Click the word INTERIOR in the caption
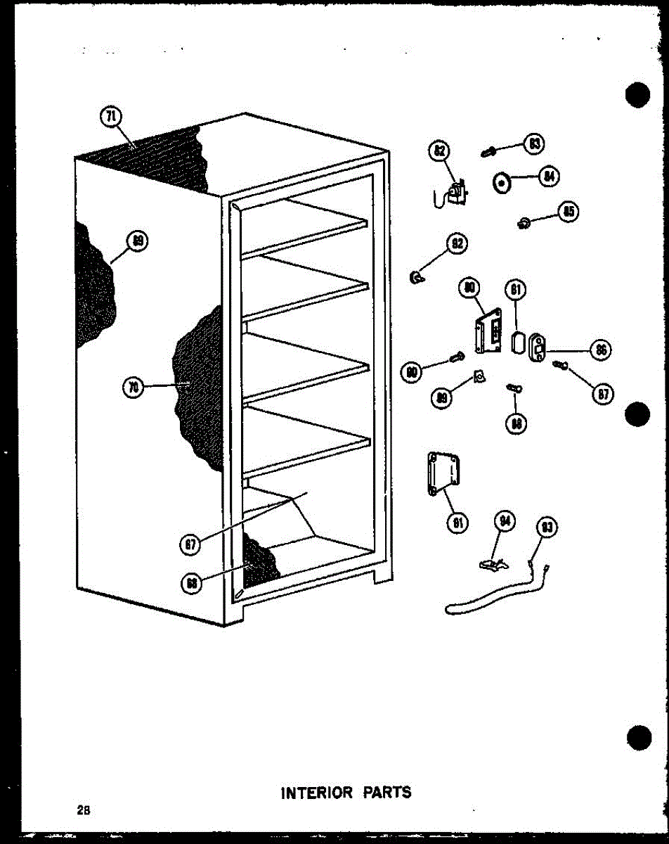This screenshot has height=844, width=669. [316, 793]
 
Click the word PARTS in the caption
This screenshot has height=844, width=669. [387, 793]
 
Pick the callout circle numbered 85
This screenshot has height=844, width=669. [567, 211]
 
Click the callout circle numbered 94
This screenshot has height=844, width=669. [505, 521]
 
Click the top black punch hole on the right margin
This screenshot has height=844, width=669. [637, 96]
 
